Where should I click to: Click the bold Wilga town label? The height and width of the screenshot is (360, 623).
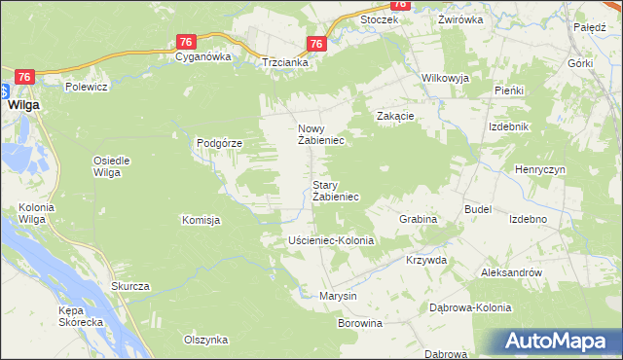pyautogui.click(x=23, y=104)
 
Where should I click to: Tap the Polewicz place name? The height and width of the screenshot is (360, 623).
pyautogui.click(x=86, y=86)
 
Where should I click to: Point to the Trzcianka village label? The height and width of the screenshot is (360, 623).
pyautogui.click(x=285, y=62)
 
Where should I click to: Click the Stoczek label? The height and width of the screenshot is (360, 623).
pyautogui.click(x=380, y=19)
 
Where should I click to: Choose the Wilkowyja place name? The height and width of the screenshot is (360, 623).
pyautogui.click(x=445, y=78)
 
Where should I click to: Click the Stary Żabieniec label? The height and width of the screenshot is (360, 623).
pyautogui.click(x=335, y=191)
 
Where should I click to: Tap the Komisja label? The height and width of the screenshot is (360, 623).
pyautogui.click(x=201, y=220)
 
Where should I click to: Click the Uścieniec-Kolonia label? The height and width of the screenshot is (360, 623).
pyautogui.click(x=331, y=240)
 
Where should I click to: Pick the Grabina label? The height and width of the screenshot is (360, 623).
pyautogui.click(x=418, y=220)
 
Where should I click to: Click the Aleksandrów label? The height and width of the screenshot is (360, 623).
pyautogui.click(x=511, y=273)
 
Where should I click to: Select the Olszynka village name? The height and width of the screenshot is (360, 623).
pyautogui.click(x=205, y=340)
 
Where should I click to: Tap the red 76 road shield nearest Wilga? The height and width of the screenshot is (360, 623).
pyautogui.click(x=26, y=77)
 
